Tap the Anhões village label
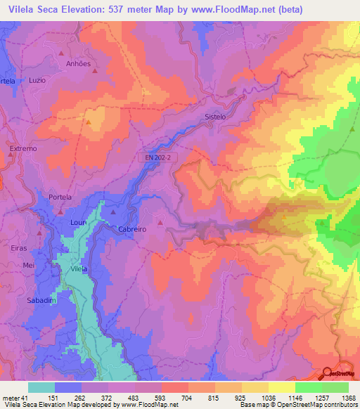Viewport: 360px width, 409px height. [78, 63]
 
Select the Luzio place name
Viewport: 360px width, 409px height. [37, 80]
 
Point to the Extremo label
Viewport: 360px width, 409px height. [22, 149]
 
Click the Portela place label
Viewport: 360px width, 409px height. [60, 197]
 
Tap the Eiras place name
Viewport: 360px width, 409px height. [19, 247]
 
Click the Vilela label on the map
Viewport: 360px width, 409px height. [79, 269]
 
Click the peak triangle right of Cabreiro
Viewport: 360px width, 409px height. [161, 223]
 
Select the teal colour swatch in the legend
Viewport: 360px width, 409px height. [41, 387]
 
